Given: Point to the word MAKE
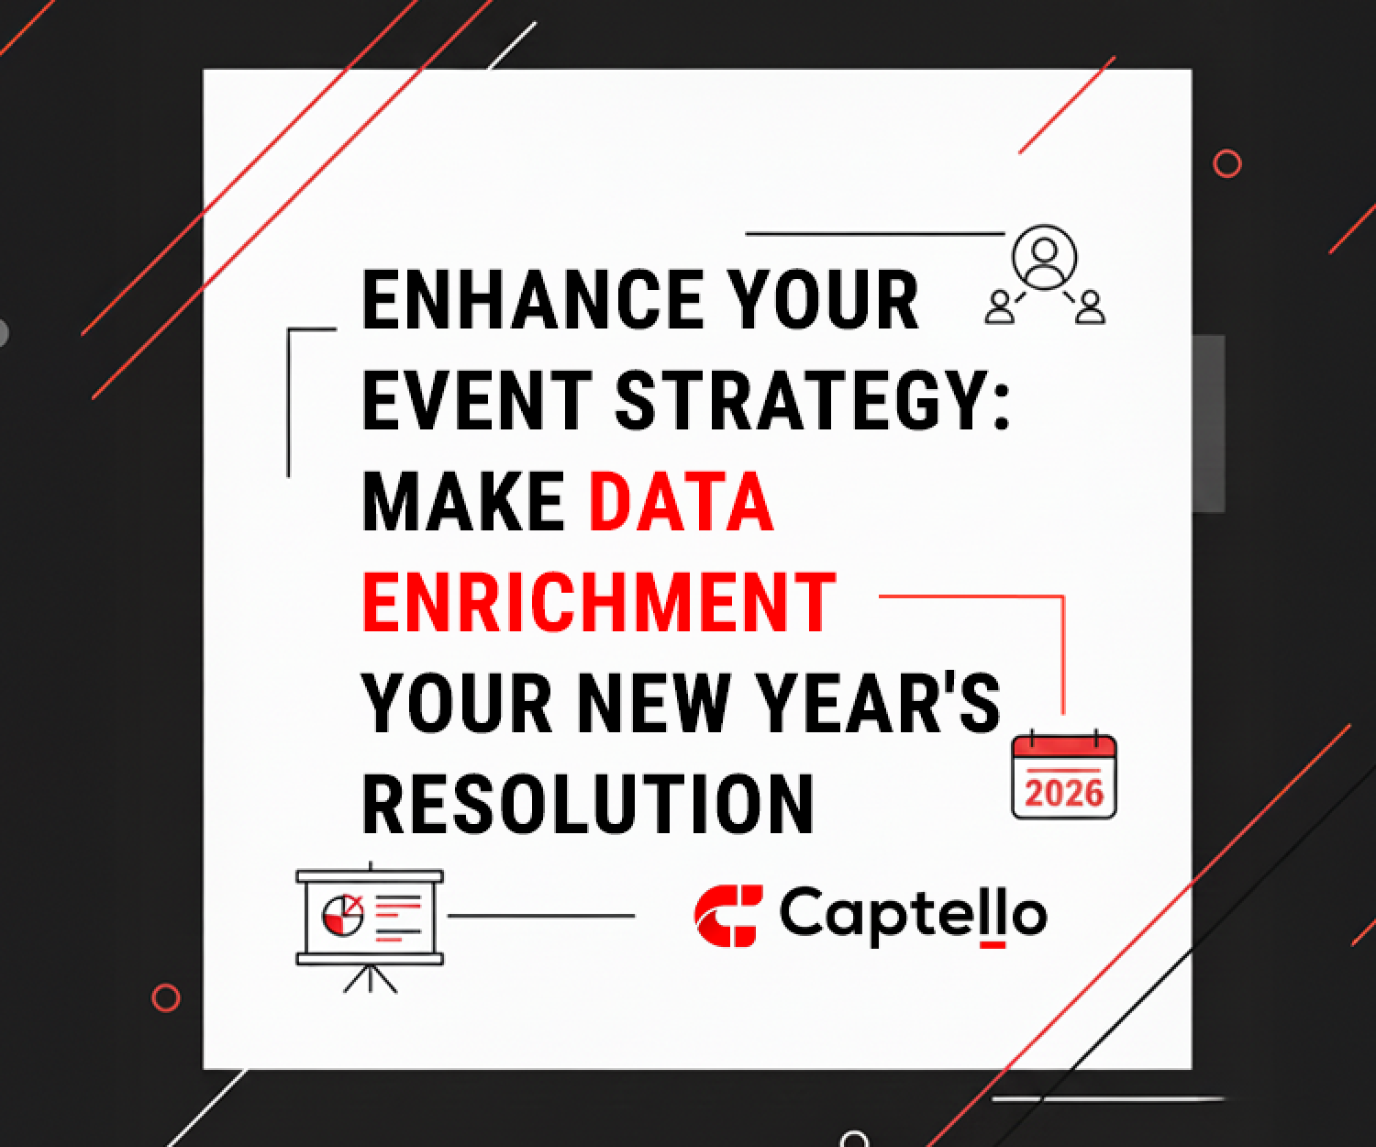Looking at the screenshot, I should tap(463, 502).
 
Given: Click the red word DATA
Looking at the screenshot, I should tap(682, 502).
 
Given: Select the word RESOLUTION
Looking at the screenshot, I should tap(588, 805).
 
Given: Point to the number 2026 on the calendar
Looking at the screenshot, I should tap(1064, 792).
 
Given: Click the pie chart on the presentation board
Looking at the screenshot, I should tap(341, 914).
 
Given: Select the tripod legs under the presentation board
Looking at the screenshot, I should tap(371, 978).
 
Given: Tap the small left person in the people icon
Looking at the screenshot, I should tap(1000, 307).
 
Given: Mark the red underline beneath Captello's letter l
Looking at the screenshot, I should tap(993, 943).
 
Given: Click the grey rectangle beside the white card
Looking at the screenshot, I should tap(1209, 423).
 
